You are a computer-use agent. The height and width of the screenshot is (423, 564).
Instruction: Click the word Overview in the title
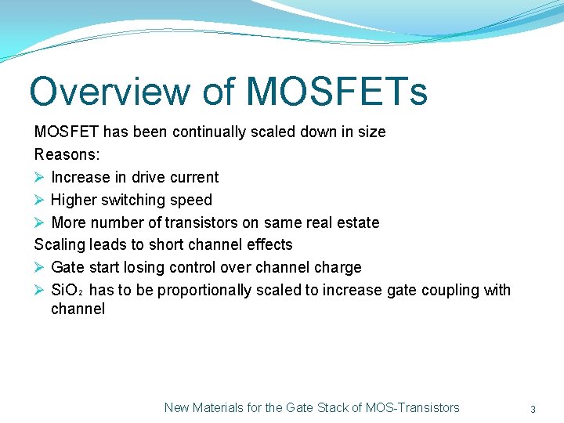[110, 91]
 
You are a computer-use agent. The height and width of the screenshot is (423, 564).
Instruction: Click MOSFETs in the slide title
[337, 91]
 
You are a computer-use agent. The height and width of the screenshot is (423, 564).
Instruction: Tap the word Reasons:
[67, 154]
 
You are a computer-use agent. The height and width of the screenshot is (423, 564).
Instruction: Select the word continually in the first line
[208, 132]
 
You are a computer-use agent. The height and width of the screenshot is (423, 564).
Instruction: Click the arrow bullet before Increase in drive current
[40, 177]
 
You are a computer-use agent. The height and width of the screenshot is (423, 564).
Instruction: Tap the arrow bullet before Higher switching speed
[40, 200]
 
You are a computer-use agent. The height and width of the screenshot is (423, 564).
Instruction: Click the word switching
[139, 200]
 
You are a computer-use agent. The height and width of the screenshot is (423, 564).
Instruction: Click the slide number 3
[533, 409]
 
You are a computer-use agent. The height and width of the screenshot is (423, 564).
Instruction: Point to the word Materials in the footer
[219, 407]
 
